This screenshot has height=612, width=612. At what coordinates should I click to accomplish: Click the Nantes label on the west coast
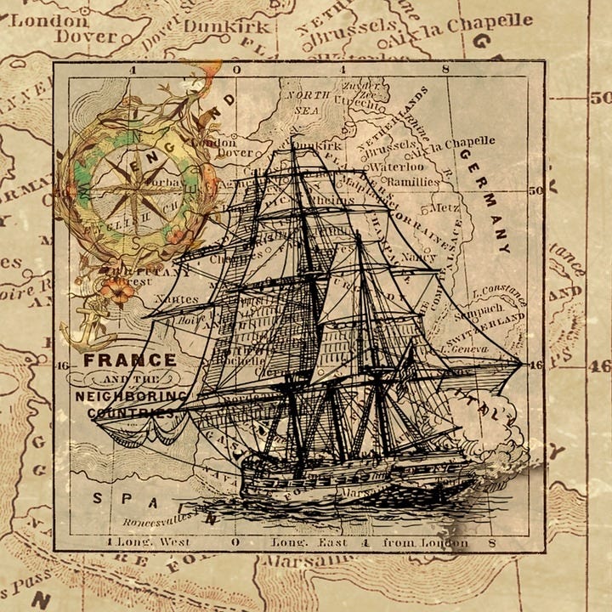[x=178, y=299]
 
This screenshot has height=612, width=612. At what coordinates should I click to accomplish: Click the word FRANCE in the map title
[x=130, y=360]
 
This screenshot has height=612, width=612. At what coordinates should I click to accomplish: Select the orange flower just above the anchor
[x=118, y=291]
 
